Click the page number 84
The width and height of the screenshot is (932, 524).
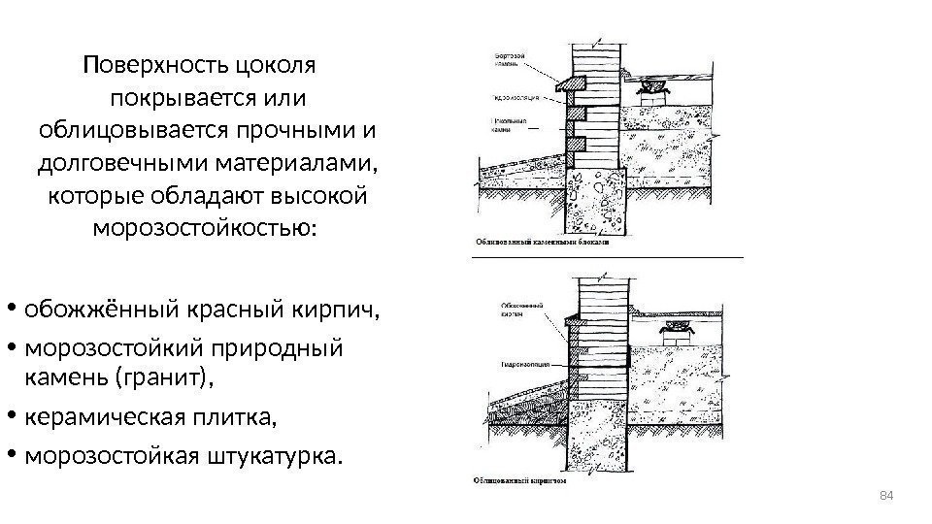point(884,498)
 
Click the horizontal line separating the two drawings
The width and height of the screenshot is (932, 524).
point(607,257)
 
